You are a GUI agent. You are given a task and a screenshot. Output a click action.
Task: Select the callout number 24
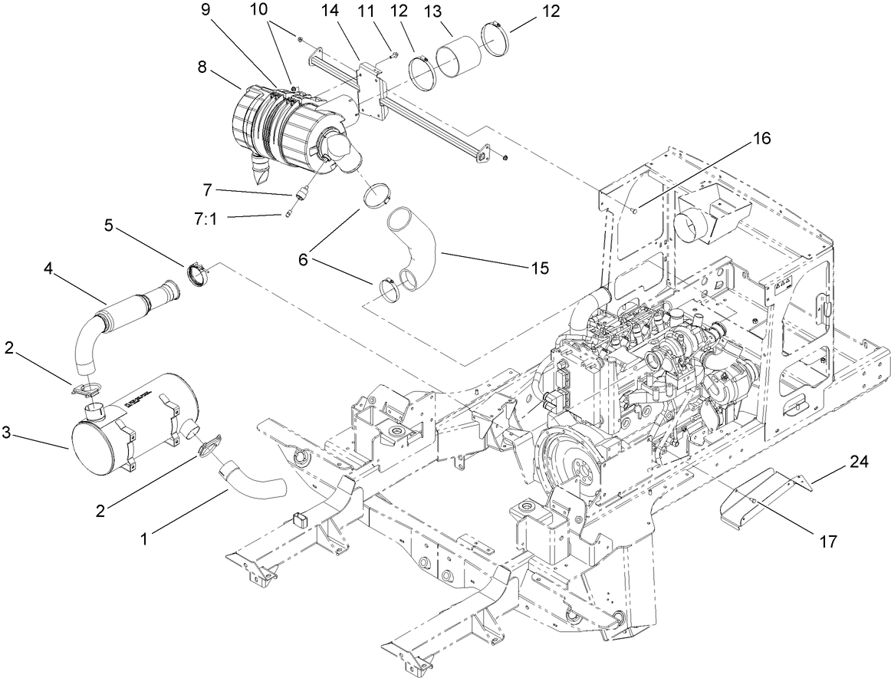coord(860,462)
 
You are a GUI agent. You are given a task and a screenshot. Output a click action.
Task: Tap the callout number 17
coord(827,541)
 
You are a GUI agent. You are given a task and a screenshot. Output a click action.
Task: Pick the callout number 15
coord(539,268)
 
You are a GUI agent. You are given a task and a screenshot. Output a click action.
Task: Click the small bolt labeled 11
coord(393,54)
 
